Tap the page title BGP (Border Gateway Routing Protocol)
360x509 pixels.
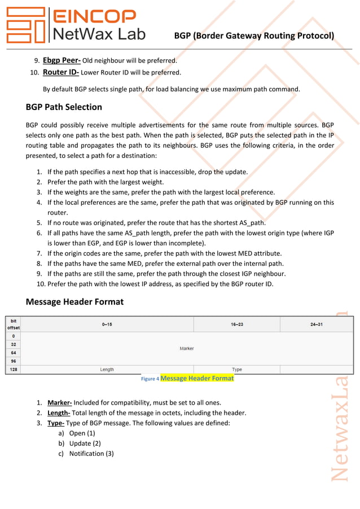coord(254,36)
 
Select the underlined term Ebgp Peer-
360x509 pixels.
coord(62,60)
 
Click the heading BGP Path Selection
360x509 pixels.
coord(64,107)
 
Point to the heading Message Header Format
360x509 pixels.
coord(74,302)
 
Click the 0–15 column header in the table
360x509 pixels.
coord(107,324)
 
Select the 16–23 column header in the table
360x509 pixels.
coord(236,324)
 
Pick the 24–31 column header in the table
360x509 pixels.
coord(316,324)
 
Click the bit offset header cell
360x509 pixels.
coord(13,324)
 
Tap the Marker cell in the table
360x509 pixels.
coord(187,349)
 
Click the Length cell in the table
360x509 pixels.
coord(107,370)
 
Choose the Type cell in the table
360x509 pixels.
coord(237,370)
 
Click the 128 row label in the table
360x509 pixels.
coord(13,370)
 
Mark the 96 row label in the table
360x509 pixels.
coord(13,361)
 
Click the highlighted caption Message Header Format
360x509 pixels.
coord(197,378)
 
